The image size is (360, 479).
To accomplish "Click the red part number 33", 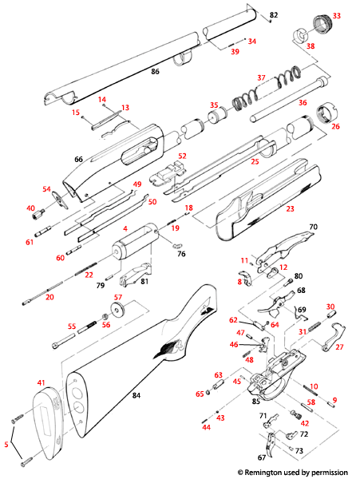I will pyautogui.click(x=336, y=15).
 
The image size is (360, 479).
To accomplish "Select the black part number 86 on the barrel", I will pyautogui.click(x=155, y=72).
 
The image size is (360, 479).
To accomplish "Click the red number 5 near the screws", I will pyautogui.click(x=6, y=444).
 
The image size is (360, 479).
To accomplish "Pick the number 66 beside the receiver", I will pyautogui.click(x=78, y=160).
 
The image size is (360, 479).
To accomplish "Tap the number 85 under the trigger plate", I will pyautogui.click(x=255, y=400).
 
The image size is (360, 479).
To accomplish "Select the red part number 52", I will pyautogui.click(x=182, y=156).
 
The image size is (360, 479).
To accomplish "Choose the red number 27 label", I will pyautogui.click(x=340, y=347).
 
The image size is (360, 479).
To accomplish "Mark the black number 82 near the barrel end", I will pyautogui.click(x=273, y=15).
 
